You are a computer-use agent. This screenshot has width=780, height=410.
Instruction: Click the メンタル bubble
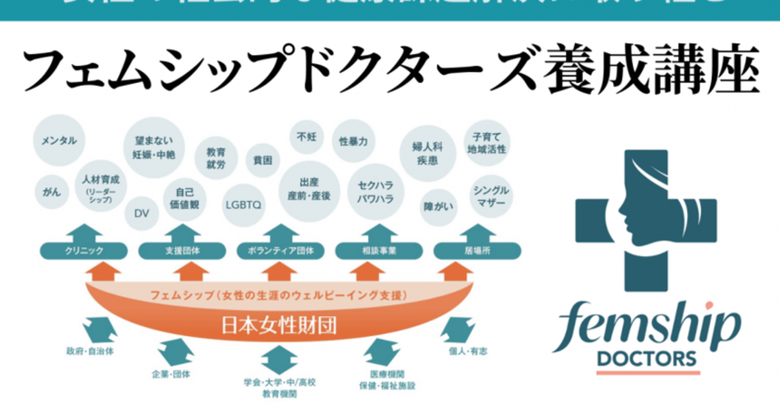pyautogui.click(x=59, y=141)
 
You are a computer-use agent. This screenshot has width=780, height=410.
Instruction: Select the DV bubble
pyautogui.click(x=142, y=213)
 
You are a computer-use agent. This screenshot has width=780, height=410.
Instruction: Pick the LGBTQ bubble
pyautogui.click(x=243, y=204)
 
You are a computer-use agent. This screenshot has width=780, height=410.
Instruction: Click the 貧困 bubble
pyautogui.click(x=263, y=159)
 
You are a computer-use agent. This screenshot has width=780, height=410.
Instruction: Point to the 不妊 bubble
pyautogui.click(x=305, y=137)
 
